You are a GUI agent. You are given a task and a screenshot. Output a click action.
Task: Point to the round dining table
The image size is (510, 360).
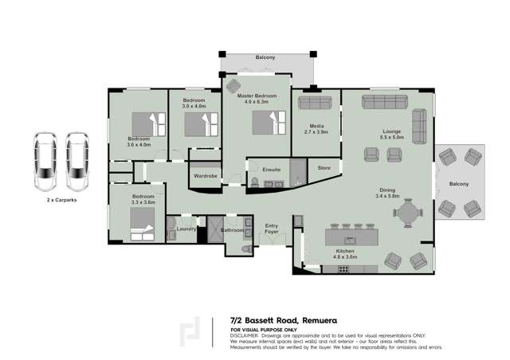coord(407,213)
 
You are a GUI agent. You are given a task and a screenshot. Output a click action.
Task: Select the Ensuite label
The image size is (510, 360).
coord(261,169)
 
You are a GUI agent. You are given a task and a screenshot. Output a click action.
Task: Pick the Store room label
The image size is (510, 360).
coord(324,168)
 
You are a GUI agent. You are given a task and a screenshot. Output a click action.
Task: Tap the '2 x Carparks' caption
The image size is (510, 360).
coord(61,202)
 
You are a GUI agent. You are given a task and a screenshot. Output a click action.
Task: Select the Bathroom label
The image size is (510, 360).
coord(232,229)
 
